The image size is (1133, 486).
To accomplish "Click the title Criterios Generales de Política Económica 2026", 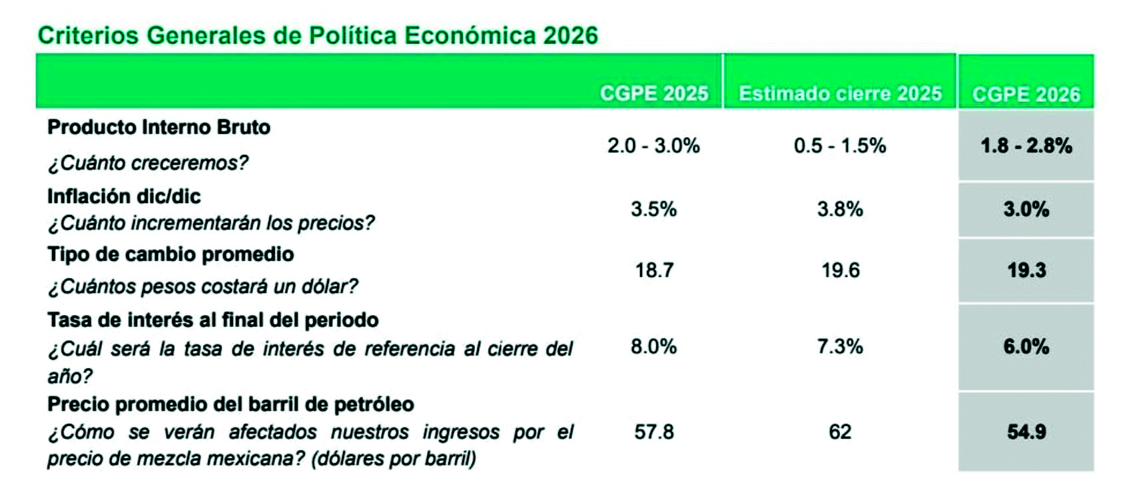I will [318, 35].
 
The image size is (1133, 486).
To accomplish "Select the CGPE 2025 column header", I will [653, 93].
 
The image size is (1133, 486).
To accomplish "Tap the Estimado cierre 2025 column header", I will [840, 93].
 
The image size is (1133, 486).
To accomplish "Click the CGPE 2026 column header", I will [1026, 94].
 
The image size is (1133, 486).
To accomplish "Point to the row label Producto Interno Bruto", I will [159, 127].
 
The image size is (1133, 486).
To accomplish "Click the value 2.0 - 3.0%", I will [653, 145].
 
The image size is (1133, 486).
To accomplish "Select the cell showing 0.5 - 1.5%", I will [840, 145].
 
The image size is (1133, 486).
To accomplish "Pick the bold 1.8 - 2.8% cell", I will [1026, 145].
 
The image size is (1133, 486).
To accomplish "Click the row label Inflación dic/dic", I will [124, 196].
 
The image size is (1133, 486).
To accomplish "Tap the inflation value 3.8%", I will [840, 209].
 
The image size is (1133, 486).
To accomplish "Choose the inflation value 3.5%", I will [653, 209].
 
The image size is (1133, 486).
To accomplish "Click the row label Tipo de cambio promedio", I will [171, 254].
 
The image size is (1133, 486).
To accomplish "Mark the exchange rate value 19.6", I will [840, 270].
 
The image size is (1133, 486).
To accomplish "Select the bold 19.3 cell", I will [1026, 270].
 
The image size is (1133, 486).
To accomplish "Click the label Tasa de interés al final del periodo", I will [212, 320].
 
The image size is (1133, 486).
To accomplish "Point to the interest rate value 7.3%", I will [840, 346].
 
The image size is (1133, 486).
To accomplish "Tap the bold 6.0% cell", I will [1026, 346].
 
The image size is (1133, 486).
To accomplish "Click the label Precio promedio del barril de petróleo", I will [230, 404].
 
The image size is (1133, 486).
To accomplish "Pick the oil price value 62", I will [840, 432].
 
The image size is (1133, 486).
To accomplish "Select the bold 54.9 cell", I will [1026, 432].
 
